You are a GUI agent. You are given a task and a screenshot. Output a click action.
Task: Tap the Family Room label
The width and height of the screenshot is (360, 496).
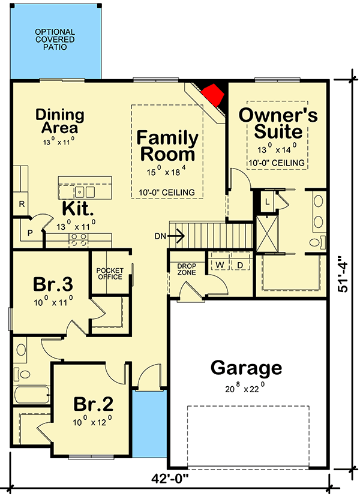point(167,145)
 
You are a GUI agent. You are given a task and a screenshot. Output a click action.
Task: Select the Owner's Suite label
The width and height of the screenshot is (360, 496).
point(278,122)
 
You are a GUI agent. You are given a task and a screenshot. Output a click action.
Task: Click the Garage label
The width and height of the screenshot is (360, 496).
point(246,368)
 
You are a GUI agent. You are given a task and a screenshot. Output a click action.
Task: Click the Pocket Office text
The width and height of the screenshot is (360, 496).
point(110,273)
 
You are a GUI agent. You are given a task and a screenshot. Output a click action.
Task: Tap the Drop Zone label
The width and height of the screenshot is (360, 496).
point(183,269)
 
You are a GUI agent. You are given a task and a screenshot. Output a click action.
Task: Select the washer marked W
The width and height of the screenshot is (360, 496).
point(220,264)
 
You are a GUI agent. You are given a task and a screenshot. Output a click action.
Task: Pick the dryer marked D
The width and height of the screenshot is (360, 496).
point(239,264)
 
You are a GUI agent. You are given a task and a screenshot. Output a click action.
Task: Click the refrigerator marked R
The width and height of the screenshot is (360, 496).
point(21,205)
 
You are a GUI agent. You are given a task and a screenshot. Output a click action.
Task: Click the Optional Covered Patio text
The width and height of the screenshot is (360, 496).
point(55,39)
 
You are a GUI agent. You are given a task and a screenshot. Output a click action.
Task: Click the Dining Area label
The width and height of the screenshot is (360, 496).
point(59,121)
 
